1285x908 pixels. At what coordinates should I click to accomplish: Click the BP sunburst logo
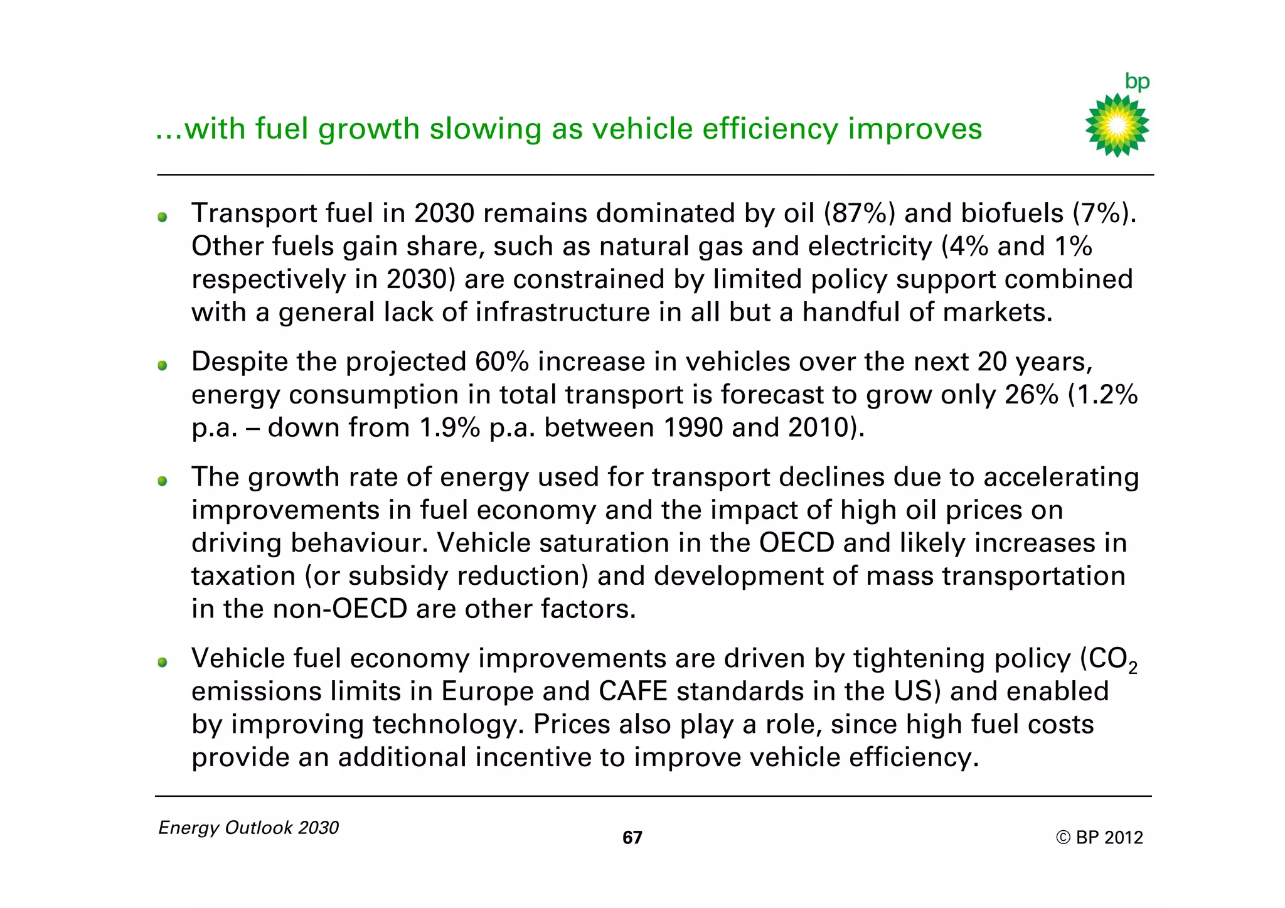[x=1117, y=126]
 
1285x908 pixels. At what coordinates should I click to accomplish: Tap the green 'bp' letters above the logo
[x=1137, y=82]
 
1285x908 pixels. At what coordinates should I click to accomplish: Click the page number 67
[x=632, y=838]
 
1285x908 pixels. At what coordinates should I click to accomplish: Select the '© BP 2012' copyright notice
[x=1099, y=838]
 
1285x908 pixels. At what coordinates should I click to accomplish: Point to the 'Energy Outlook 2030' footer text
[x=248, y=828]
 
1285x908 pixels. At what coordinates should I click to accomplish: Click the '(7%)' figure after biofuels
[x=1104, y=214]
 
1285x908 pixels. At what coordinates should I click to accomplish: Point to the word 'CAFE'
[x=633, y=692]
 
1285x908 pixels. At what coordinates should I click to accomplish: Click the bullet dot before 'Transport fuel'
[x=163, y=217]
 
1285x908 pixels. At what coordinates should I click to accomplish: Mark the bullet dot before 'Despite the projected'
[x=163, y=365]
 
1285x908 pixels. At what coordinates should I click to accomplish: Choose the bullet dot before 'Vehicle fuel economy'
[x=163, y=662]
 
